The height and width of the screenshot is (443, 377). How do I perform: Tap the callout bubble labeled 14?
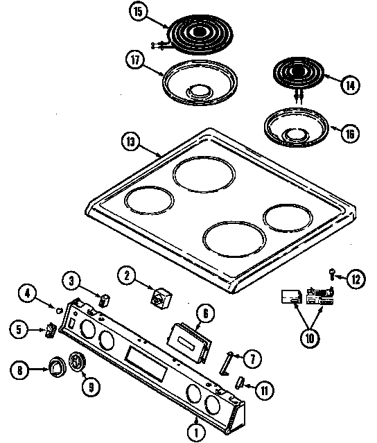click(x=351, y=85)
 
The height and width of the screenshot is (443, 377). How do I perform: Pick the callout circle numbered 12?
click(x=355, y=279)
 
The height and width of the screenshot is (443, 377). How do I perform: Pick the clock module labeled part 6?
click(x=189, y=341)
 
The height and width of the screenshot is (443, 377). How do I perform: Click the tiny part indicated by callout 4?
click(x=59, y=308)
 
